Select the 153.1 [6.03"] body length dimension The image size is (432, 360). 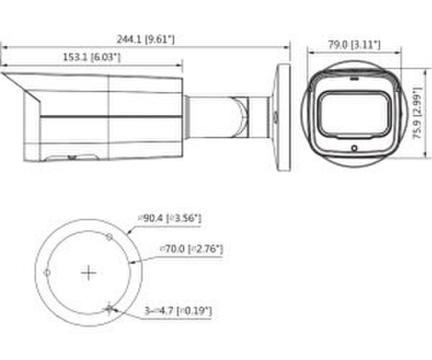(91, 57)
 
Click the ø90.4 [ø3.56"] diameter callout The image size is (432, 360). (170, 219)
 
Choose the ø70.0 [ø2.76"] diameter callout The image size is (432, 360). (191, 247)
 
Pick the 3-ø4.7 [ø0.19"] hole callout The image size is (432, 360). (178, 311)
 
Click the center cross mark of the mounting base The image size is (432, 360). (88, 273)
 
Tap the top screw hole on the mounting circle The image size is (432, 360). (109, 237)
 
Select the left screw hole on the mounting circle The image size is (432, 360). (47, 273)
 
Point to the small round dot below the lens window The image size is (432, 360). (354, 148)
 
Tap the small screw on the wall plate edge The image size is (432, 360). (275, 116)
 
